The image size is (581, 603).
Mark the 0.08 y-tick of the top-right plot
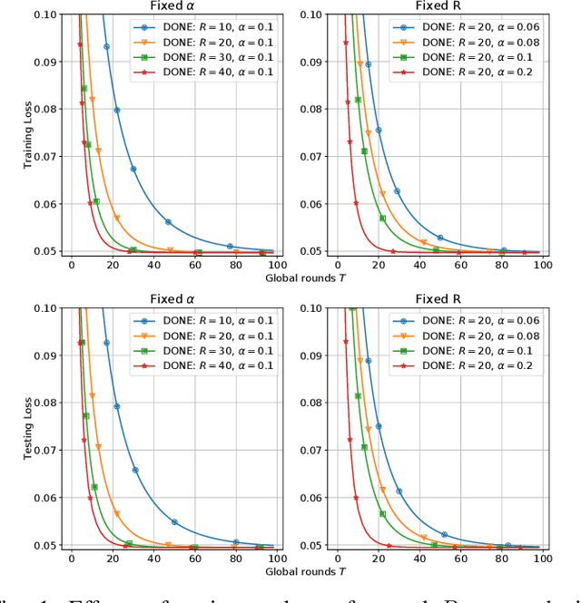click(x=315, y=109)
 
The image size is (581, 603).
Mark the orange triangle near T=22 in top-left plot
click(x=117, y=219)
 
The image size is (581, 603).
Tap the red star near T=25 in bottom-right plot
click(x=389, y=546)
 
